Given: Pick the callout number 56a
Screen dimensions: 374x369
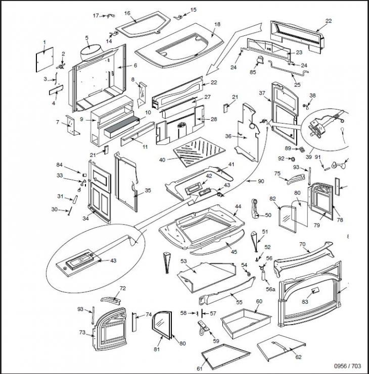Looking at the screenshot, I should tap(270, 290).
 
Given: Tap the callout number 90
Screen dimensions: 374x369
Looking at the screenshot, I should tap(261, 181).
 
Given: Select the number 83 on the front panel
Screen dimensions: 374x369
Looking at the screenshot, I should tap(305, 301).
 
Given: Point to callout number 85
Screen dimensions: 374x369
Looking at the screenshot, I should tap(253, 72).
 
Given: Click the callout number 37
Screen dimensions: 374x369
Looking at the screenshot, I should tap(262, 93).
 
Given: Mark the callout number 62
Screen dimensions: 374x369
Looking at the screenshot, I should tap(298, 357).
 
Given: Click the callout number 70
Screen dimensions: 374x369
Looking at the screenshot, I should tap(302, 244).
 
